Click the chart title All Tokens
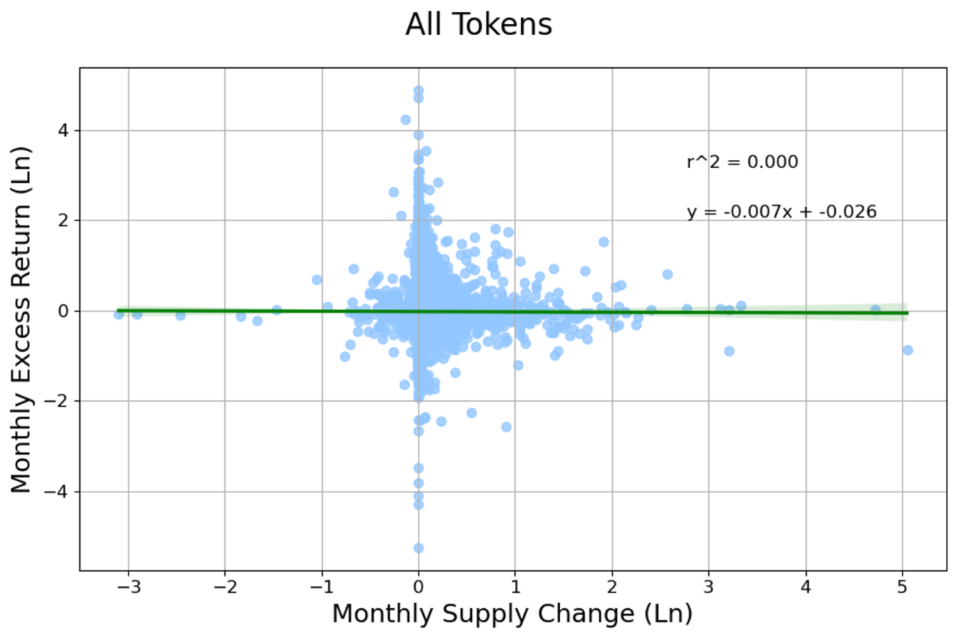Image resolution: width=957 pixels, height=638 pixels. coord(478,25)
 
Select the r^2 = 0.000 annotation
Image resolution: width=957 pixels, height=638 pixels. coord(742,162)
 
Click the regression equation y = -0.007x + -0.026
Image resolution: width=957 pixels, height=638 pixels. coord(781,212)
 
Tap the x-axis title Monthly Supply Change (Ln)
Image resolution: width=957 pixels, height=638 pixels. coord(512,614)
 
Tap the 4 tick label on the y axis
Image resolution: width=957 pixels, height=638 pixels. coord(63,131)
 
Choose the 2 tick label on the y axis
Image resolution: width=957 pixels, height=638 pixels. coord(63,221)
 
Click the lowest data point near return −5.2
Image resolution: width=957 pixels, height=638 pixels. coord(419,548)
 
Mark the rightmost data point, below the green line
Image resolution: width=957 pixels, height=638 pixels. coord(908,350)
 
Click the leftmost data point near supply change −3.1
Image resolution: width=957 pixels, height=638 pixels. coord(118,315)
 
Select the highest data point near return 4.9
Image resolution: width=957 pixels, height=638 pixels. coord(419,90)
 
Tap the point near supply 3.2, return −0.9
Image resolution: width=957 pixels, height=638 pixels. coord(729,351)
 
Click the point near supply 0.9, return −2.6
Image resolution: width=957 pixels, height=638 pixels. coord(506,427)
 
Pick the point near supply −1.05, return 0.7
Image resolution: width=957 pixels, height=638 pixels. coord(317,279)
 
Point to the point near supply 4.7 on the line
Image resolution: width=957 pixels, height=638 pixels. coord(876,309)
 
